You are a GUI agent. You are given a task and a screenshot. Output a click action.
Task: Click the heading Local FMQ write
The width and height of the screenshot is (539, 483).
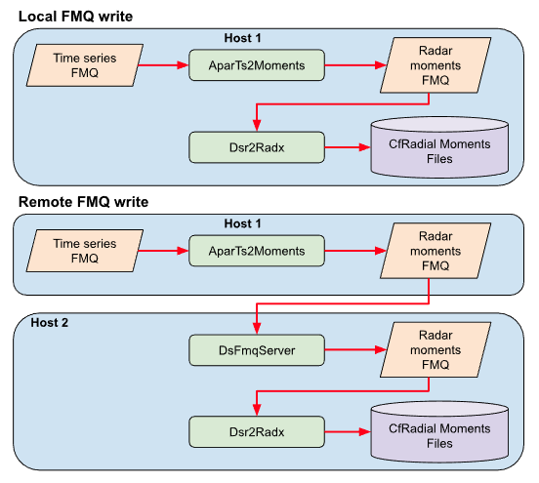pyautogui.click(x=75, y=17)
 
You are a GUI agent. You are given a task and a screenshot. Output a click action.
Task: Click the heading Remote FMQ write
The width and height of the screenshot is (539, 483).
pyautogui.click(x=84, y=202)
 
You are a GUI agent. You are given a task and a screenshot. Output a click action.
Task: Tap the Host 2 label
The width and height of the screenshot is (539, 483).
pyautogui.click(x=50, y=323)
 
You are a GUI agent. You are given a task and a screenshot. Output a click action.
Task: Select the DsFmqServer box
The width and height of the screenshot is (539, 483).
pyautogui.click(x=257, y=350)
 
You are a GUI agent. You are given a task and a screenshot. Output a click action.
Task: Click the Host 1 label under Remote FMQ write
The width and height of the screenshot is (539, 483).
pyautogui.click(x=243, y=223)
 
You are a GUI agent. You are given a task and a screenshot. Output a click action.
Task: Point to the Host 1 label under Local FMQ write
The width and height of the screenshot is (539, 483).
pyautogui.click(x=243, y=38)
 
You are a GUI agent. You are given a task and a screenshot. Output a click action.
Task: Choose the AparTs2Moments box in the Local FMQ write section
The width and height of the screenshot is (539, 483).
pyautogui.click(x=257, y=65)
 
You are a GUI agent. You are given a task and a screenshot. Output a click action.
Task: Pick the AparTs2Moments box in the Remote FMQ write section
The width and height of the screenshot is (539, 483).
pyautogui.click(x=257, y=251)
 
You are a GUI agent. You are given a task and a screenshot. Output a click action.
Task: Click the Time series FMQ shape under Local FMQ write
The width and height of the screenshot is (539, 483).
pyautogui.click(x=85, y=65)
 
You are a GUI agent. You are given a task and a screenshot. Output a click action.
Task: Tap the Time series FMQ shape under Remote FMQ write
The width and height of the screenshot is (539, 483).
pyautogui.click(x=85, y=251)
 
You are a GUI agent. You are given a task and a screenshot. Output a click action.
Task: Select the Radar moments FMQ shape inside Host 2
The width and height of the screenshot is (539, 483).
pyautogui.click(x=435, y=349)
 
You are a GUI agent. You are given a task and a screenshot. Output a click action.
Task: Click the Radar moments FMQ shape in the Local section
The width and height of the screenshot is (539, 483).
pyautogui.click(x=435, y=65)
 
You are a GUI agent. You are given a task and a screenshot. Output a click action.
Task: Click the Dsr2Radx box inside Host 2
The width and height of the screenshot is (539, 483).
pyautogui.click(x=257, y=432)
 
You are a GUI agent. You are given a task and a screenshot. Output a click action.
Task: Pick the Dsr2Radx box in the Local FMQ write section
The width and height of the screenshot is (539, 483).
pyautogui.click(x=257, y=147)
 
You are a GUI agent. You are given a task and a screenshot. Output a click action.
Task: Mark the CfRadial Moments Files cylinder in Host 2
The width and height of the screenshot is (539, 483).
pyautogui.click(x=439, y=432)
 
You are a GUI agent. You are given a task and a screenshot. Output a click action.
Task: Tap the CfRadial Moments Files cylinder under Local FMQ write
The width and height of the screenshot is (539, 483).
pyautogui.click(x=439, y=147)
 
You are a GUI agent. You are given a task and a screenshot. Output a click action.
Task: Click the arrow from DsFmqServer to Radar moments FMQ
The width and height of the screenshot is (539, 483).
pyautogui.click(x=355, y=350)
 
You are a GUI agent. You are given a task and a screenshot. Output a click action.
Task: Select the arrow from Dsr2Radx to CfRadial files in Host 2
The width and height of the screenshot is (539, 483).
pyautogui.click(x=348, y=432)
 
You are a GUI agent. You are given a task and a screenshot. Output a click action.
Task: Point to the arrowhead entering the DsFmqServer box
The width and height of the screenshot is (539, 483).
pyautogui.click(x=257, y=329)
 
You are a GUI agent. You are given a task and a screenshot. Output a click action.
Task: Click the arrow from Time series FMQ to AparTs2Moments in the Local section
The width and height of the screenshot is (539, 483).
pyautogui.click(x=163, y=65)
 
